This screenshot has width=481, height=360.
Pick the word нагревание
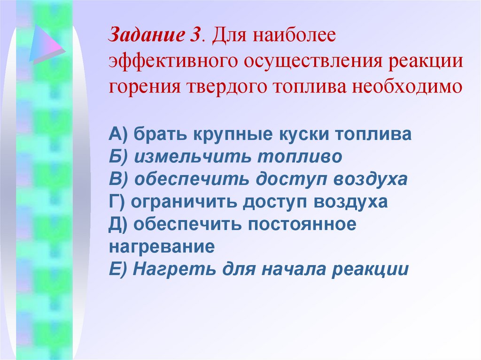point(162,247)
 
